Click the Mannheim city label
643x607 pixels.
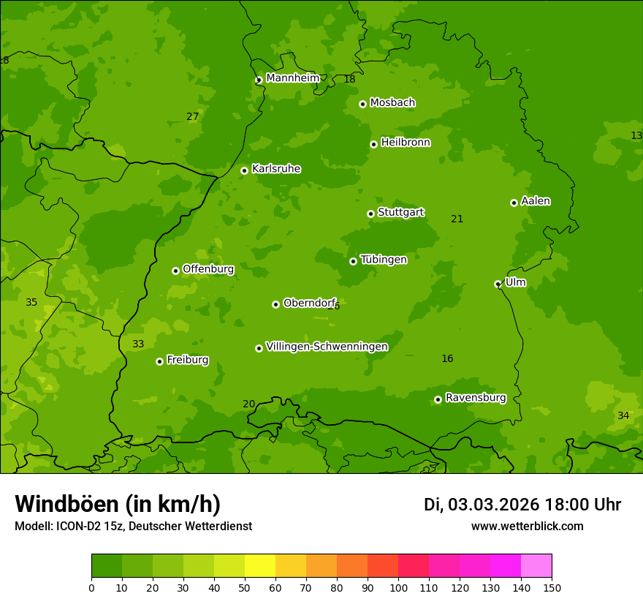click(x=293, y=78)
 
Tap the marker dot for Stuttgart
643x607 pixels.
click(x=370, y=214)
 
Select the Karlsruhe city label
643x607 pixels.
click(x=276, y=169)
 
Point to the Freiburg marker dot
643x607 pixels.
click(x=159, y=361)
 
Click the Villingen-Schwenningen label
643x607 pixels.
click(x=327, y=347)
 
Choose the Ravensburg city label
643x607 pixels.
click(x=476, y=398)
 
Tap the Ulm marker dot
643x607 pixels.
click(x=498, y=284)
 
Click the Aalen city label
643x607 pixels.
click(x=536, y=201)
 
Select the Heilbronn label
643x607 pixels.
click(x=406, y=143)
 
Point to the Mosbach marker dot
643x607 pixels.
click(x=362, y=104)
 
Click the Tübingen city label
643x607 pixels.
click(x=384, y=260)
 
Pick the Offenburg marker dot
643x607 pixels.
click(x=175, y=271)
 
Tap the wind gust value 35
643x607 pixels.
click(x=31, y=302)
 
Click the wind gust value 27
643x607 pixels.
click(x=192, y=116)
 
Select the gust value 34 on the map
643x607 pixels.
click(x=623, y=415)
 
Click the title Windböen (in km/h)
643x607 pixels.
click(x=118, y=504)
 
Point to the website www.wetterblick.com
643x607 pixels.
click(x=527, y=526)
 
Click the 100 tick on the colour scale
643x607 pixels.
click(x=398, y=587)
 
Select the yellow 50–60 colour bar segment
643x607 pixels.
click(x=260, y=566)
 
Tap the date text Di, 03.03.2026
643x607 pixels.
click(x=481, y=505)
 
